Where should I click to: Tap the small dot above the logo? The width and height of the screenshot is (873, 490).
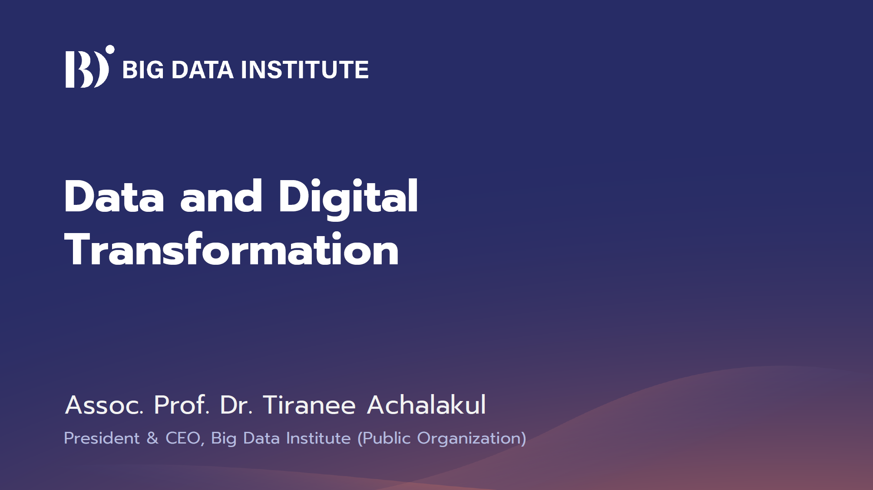pos(110,49)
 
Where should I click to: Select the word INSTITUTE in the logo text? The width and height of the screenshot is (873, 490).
pos(305,70)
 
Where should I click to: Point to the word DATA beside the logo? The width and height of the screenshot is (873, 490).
pos(203,70)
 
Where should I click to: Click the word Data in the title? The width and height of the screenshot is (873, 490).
pos(114,197)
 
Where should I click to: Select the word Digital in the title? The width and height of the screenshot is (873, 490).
pos(348,198)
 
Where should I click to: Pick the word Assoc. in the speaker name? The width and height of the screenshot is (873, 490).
pos(104,405)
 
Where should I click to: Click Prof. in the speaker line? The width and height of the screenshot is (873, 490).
pos(182,405)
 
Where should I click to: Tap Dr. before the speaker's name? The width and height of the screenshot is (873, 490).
pos(236,405)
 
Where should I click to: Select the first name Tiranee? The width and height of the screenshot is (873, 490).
pos(309,405)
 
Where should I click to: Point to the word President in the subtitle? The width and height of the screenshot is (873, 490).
pos(102,438)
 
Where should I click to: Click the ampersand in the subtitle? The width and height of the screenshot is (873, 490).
pos(152,438)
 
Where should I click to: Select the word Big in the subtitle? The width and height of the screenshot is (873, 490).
pos(224,440)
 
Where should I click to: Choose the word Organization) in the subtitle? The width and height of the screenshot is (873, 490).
pos(472,440)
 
